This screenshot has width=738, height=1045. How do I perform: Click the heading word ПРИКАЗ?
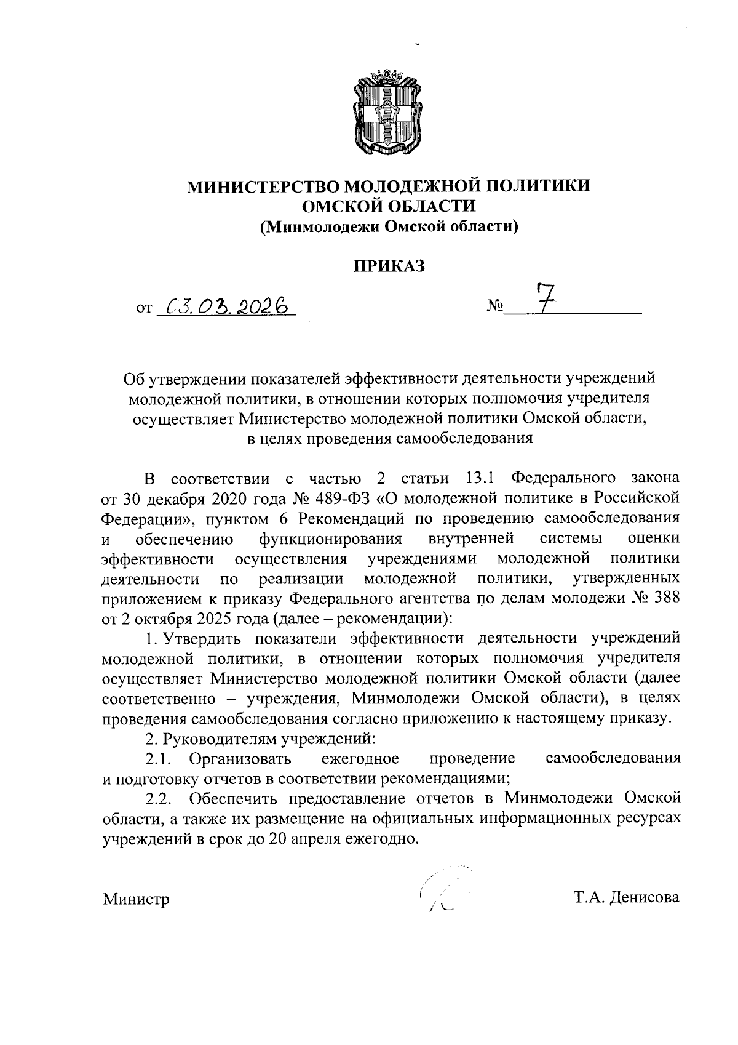point(388,266)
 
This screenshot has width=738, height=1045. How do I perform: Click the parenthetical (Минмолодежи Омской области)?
point(388,227)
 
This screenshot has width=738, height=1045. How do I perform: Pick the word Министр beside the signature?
point(136,899)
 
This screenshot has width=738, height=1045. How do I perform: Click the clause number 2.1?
point(162,758)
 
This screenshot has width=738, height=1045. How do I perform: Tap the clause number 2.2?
point(162,799)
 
